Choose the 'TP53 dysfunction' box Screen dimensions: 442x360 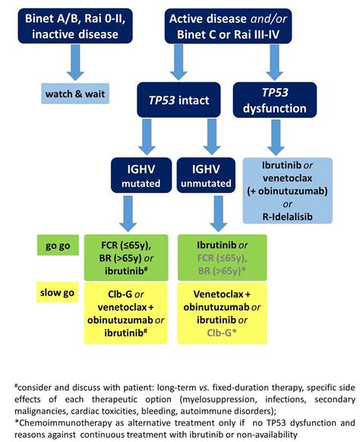(286, 97)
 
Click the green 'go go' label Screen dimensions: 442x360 (57, 245)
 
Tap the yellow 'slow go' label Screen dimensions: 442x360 (57, 292)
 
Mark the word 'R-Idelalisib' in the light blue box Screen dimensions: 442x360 (286, 216)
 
